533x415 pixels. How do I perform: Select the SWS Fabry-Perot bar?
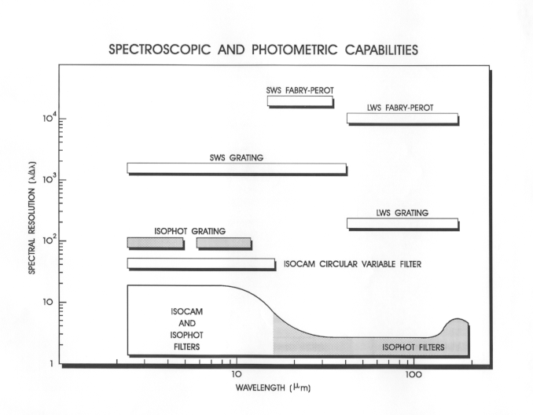point(300,101)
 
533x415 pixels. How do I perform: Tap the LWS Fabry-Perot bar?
point(402,118)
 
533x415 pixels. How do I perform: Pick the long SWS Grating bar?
point(237,168)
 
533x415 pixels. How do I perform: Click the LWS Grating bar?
point(402,223)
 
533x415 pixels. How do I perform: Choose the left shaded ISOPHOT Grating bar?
point(155,243)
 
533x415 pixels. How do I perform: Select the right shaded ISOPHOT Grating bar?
point(224,243)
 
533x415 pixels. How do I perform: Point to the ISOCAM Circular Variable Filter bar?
point(201,263)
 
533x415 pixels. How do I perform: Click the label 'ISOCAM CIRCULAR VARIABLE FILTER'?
point(352,265)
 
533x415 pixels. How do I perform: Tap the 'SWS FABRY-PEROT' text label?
point(300,90)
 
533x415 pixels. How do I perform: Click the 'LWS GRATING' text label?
point(402,213)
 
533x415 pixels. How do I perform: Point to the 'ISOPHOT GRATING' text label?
point(190,231)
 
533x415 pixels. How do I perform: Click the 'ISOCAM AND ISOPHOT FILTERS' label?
point(186,329)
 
